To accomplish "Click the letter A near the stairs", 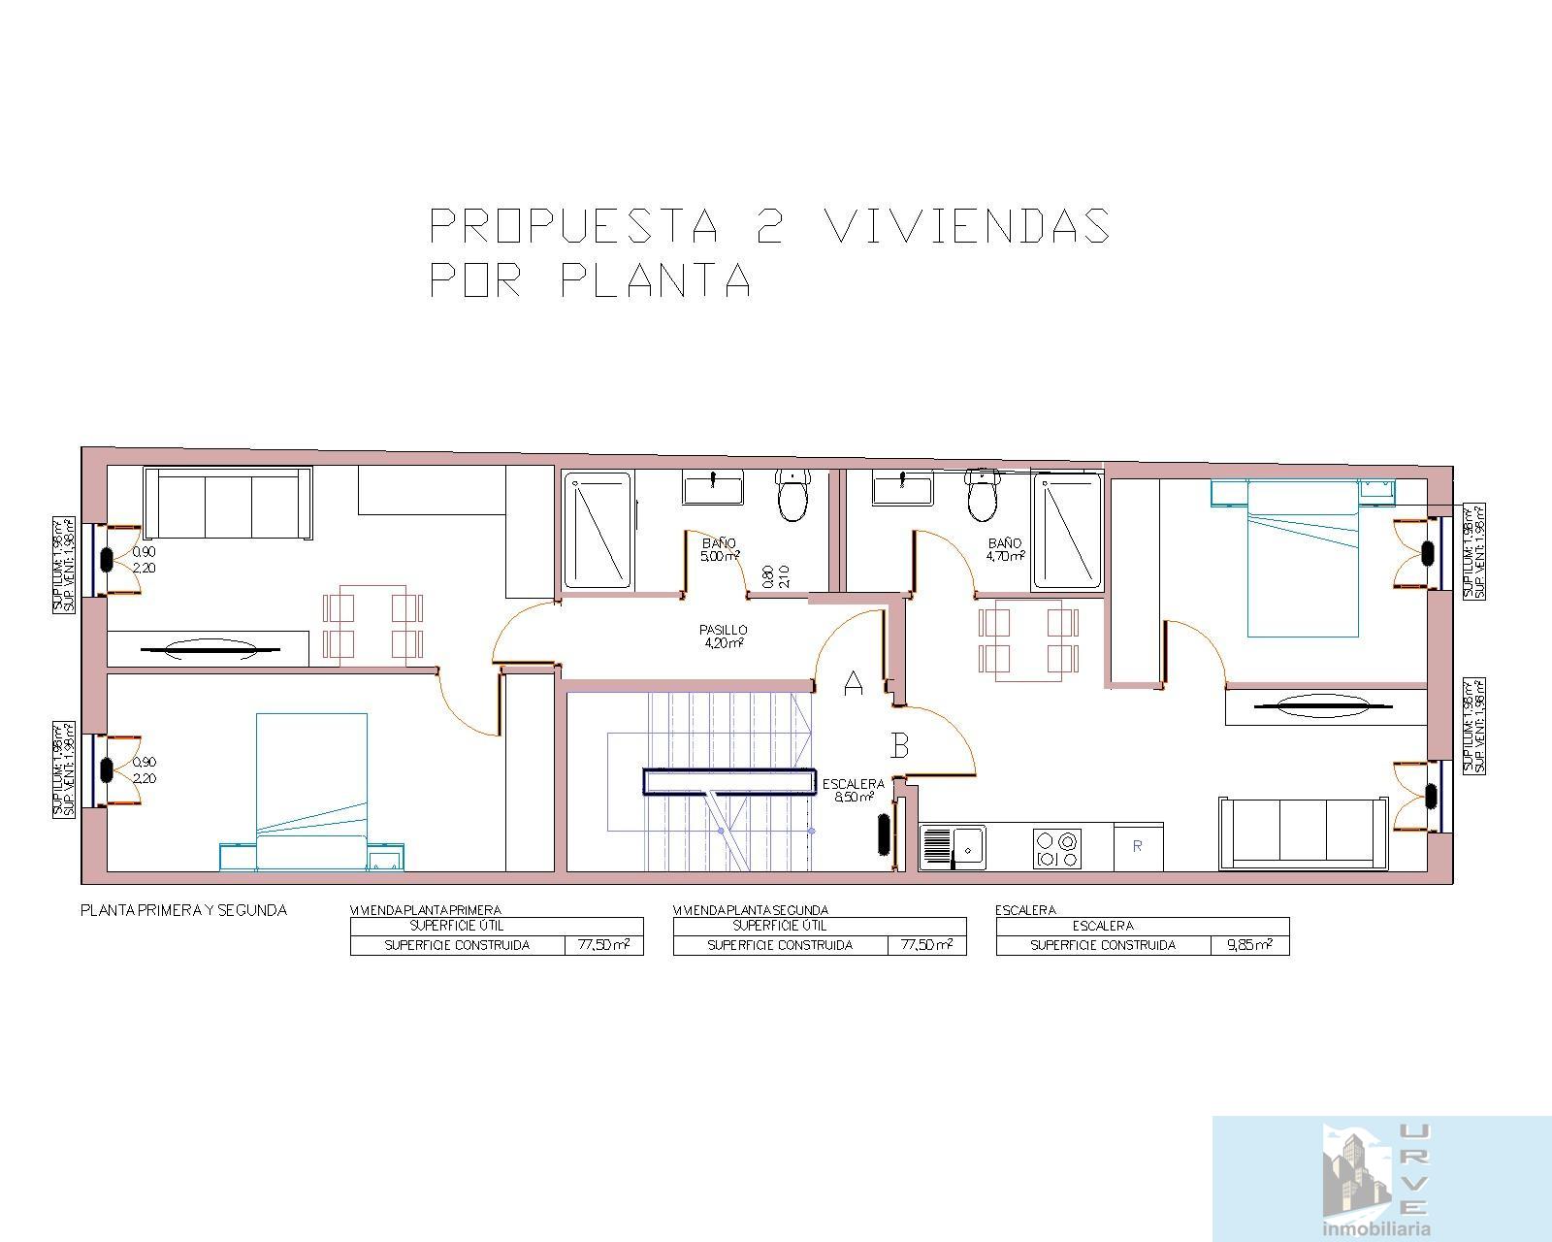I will pyautogui.click(x=854, y=683).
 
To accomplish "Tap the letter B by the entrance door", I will pyautogui.click(x=900, y=745).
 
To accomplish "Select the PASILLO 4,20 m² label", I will pyautogui.click(x=723, y=637).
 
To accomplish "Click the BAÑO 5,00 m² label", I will pyautogui.click(x=719, y=550).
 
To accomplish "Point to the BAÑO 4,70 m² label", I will pyautogui.click(x=1005, y=550).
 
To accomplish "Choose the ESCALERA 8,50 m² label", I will pyautogui.click(x=853, y=790).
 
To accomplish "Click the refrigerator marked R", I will pyautogui.click(x=1138, y=846).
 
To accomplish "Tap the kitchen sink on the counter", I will pyautogui.click(x=953, y=846).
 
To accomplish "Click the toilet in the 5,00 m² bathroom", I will pyautogui.click(x=793, y=495).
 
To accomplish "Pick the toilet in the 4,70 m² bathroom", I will pyautogui.click(x=982, y=495).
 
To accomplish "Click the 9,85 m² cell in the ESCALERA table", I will pyautogui.click(x=1249, y=945).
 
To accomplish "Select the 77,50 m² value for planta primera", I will pyautogui.click(x=603, y=945).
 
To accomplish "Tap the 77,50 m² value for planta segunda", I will pyautogui.click(x=926, y=945).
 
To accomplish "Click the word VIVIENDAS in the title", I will pyautogui.click(x=967, y=226).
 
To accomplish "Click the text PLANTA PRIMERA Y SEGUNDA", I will pyautogui.click(x=183, y=910).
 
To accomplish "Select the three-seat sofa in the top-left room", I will pyautogui.click(x=228, y=503).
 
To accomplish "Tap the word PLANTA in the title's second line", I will pyautogui.click(x=656, y=281).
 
